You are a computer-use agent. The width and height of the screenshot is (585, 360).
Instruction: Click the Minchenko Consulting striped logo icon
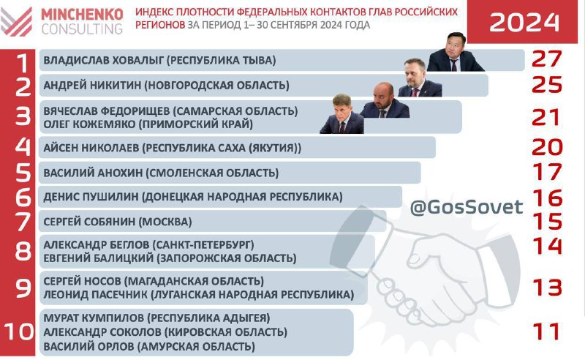coord(16,22)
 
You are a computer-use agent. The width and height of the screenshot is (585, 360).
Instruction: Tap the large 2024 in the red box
coord(524,23)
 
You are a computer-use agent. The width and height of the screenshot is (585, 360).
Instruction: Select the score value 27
coord(546,59)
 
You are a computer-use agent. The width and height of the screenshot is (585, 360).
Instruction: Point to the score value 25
coord(546,84)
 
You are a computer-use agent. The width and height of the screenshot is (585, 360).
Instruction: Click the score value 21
coord(546,118)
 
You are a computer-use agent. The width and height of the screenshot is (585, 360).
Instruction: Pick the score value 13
coord(547,288)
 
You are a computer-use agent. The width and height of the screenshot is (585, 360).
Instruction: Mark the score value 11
coord(546,331)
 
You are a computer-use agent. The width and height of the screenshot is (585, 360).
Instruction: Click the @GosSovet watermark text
coord(467,207)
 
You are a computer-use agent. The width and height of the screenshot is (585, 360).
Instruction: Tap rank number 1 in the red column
coord(23,63)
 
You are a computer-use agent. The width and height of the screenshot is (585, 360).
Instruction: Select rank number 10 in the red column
coord(19,331)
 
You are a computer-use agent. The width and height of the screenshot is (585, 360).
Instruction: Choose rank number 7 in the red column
coord(23,222)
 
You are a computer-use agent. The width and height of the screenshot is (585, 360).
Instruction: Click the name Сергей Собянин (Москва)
coord(118,222)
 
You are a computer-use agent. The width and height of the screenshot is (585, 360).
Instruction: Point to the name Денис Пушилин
coord(91,197)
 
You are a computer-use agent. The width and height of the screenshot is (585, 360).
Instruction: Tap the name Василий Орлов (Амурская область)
coord(149,346)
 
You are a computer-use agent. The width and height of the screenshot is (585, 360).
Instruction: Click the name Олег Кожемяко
coord(89,124)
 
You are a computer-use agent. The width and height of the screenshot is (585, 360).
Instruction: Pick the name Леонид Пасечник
coord(95,294)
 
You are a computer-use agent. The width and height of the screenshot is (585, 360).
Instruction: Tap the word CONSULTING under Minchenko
coord(82,29)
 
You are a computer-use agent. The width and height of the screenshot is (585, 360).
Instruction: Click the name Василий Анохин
coord(93,173)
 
